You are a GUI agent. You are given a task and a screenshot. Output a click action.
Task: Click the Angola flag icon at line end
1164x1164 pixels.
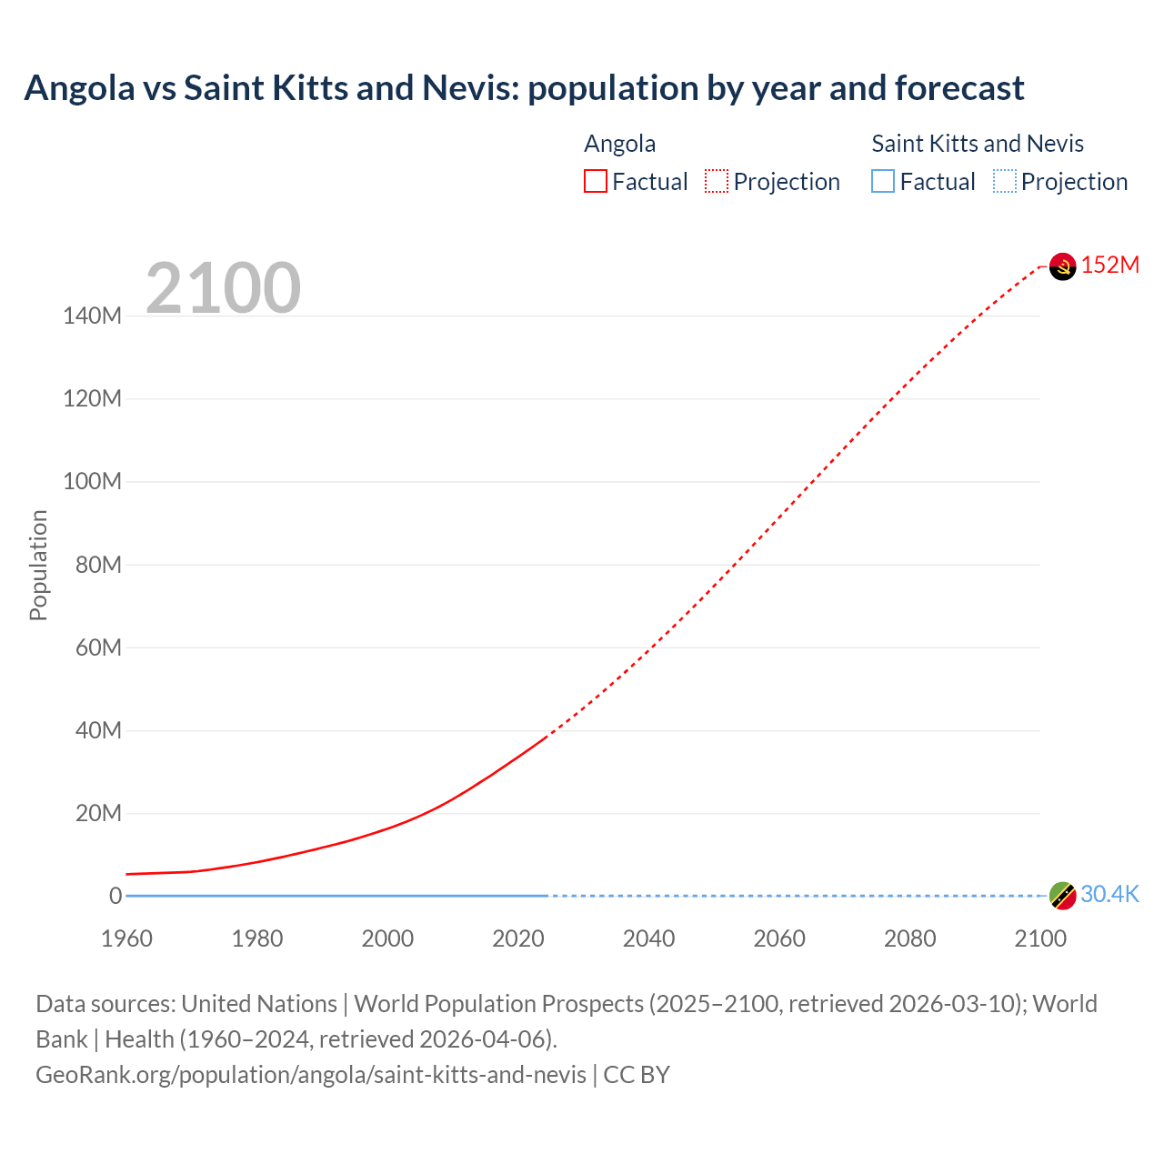(1062, 266)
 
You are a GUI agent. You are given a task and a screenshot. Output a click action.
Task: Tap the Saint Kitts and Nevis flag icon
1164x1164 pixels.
(1062, 895)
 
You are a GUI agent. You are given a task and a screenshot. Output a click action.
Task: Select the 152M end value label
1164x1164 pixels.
(1109, 265)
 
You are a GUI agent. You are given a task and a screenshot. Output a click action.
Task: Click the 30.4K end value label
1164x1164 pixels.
(1109, 895)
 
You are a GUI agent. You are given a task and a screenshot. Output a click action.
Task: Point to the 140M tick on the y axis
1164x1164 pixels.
(92, 316)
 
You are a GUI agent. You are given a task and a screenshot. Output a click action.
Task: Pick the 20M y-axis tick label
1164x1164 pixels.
(97, 813)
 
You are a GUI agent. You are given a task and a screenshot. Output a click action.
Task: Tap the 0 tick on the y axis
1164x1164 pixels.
(115, 896)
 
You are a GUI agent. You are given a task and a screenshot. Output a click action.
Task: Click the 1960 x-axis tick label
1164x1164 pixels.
(126, 938)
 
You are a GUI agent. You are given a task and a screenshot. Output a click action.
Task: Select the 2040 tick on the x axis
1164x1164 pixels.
(648, 938)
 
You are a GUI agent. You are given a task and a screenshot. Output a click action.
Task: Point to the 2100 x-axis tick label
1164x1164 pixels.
(1039, 938)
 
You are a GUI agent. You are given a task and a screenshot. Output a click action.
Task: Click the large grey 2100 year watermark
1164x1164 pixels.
(223, 288)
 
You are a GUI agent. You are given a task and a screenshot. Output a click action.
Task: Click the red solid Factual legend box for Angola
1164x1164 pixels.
(596, 182)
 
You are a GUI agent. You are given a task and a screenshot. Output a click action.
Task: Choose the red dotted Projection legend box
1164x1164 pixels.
(717, 182)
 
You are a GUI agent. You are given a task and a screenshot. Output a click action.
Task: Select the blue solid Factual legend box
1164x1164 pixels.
(883, 182)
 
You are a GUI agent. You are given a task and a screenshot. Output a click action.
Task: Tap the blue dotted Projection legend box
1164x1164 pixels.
(1004, 182)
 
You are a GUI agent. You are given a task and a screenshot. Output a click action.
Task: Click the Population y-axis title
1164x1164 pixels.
(38, 565)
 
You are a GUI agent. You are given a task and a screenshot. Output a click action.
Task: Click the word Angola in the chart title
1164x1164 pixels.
(79, 88)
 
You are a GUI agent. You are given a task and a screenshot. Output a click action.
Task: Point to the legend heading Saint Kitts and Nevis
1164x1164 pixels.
(978, 144)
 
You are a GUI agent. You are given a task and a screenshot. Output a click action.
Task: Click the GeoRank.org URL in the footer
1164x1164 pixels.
(311, 1075)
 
